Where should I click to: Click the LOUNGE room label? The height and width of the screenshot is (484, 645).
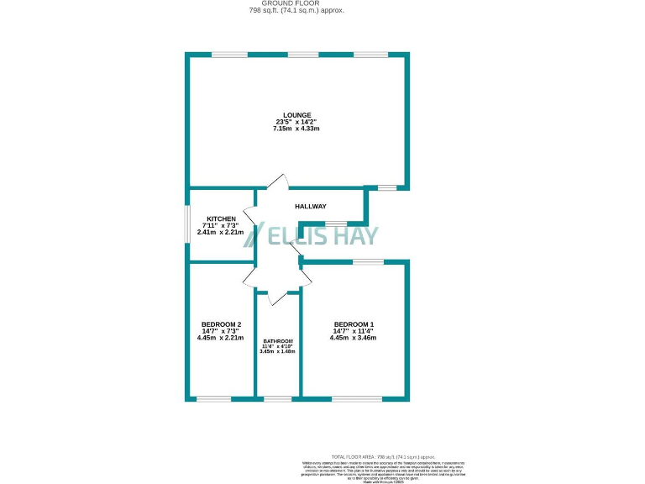click(x=297, y=115)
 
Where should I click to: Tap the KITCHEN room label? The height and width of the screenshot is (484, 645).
click(x=209, y=219)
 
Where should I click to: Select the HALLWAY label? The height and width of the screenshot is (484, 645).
click(x=311, y=207)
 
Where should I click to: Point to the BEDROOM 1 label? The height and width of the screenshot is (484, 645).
click(x=354, y=324)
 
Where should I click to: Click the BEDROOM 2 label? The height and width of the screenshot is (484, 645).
click(x=221, y=324)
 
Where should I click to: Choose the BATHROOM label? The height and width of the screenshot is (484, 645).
click(x=278, y=341)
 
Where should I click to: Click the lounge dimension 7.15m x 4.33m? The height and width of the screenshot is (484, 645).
click(x=297, y=129)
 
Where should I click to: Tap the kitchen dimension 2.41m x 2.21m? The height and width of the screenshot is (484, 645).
click(x=219, y=232)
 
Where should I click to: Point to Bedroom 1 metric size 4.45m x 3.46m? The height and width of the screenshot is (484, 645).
click(x=354, y=338)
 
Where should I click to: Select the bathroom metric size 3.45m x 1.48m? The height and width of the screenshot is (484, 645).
click(x=278, y=351)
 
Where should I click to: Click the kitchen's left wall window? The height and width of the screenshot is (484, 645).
click(x=187, y=224)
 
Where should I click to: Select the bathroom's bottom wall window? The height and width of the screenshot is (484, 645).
click(x=278, y=398)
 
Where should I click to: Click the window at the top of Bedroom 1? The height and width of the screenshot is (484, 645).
click(x=367, y=262)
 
